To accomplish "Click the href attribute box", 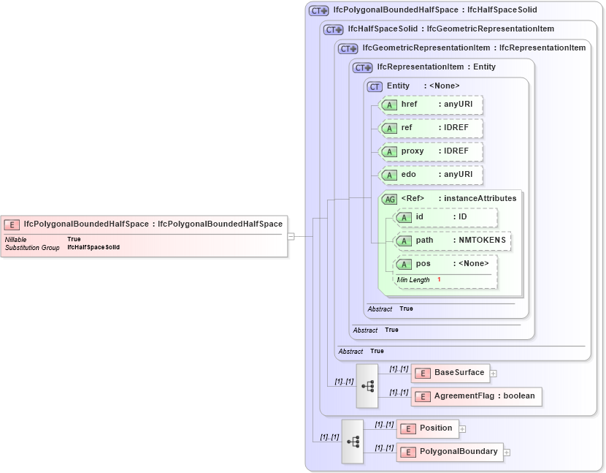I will coord(432,105).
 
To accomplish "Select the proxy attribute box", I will coord(432,151).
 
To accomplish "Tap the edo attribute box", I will coord(432,175).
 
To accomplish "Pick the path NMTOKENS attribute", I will coord(452,241).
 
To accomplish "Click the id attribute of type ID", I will coord(445,217).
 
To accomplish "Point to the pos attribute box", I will coord(445,264).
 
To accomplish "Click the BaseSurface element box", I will coord(450,373).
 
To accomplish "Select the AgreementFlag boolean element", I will coord(477,396).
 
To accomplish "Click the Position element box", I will coord(428,428).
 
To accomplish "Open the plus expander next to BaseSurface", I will coord(494,374).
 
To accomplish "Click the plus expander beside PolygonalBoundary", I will coord(507,453).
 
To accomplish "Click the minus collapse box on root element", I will coord(291,236).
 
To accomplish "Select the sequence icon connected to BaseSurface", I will coord(367,385).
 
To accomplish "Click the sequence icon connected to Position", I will coord(353,441).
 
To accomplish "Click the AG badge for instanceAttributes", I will coord(390,199).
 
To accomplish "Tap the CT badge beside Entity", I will coord(375,86).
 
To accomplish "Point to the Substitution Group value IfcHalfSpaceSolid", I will coord(93,248).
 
